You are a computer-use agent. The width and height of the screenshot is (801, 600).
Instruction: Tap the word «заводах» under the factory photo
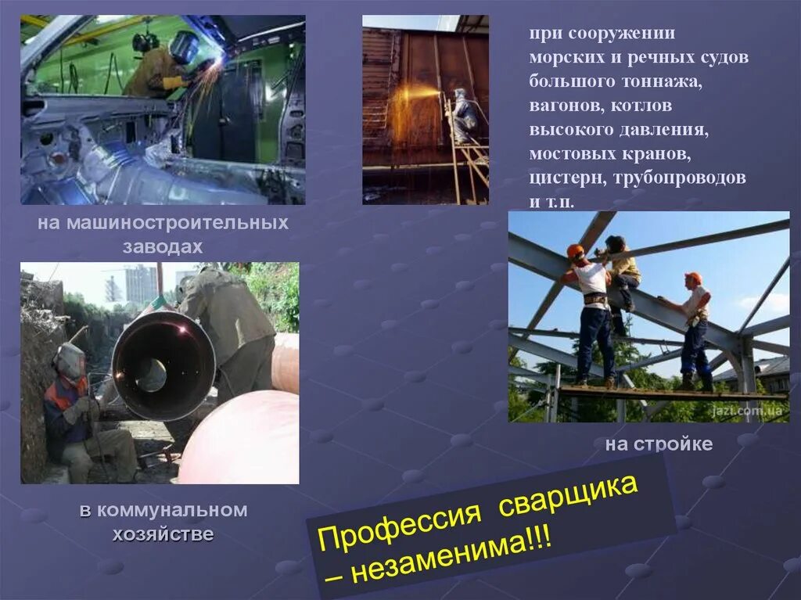pos(163,247)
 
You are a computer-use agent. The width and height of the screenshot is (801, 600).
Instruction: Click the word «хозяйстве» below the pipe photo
pos(163,535)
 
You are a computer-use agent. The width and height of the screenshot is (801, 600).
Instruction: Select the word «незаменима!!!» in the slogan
pos(462,557)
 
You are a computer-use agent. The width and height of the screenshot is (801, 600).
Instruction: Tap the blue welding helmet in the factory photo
pos(185,47)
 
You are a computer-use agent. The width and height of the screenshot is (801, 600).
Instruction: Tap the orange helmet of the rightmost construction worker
pos(693,278)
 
